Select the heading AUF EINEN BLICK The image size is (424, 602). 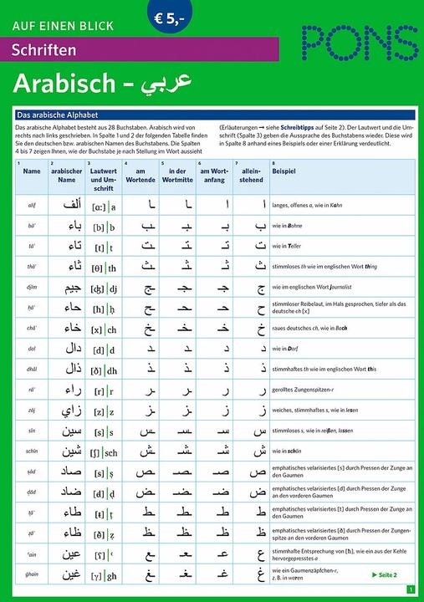53,14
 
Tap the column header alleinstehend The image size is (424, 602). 252,174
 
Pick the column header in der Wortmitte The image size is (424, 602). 176,174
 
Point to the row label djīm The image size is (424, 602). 31,288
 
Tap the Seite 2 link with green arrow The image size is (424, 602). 383,574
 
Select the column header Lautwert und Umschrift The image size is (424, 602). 103,174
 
